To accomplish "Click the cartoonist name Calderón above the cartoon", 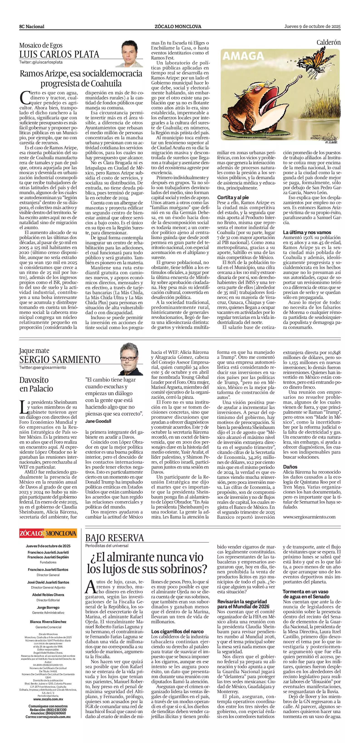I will pyautogui.click(x=328, y=43).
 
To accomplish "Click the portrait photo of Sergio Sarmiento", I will pyautogui.click(x=132, y=359).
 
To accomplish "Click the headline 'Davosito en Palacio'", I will pyautogui.click(x=36, y=384).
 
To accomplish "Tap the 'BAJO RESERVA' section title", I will pyautogui.click(x=115, y=538).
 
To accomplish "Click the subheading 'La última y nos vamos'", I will pyautogui.click(x=307, y=232).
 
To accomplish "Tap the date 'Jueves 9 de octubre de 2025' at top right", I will pyautogui.click(x=312, y=27).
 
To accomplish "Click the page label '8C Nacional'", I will pyautogui.click(x=32, y=27).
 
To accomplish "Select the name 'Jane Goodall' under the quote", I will pyautogui.click(x=98, y=421).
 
